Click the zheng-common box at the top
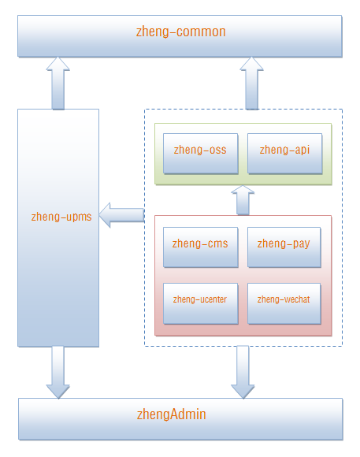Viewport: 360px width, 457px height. (180, 36)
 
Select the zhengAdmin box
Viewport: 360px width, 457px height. (180, 419)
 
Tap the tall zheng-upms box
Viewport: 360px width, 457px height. (58, 228)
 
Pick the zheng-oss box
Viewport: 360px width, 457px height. (201, 154)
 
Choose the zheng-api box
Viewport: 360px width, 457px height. (285, 154)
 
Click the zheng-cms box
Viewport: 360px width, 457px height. (201, 247)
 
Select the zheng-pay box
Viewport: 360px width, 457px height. (284, 247)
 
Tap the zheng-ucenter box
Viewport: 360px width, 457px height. (201, 303)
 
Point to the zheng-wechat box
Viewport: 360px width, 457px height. (284, 303)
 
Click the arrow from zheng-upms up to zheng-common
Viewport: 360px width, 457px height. (58, 83)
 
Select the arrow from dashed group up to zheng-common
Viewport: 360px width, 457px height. (251, 83)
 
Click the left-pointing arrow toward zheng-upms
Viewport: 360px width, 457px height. (122, 215)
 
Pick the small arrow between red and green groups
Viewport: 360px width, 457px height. (243, 200)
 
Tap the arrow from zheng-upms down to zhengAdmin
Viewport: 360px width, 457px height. (58, 372)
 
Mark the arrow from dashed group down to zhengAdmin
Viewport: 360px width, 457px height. (243, 372)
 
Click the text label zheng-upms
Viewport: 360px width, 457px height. (61, 217)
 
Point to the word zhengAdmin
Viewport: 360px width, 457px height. (172, 414)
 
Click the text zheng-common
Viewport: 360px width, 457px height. (180, 32)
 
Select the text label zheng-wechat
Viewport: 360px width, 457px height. (284, 299)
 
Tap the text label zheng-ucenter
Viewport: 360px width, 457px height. (200, 299)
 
